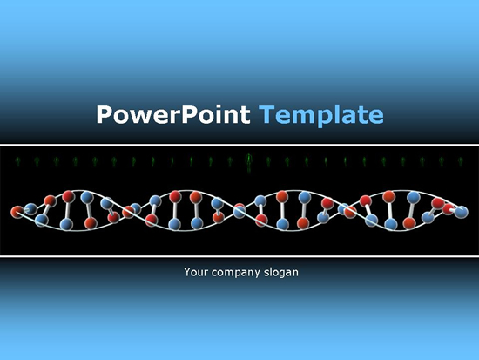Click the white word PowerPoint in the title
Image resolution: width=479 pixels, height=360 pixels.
tap(173, 114)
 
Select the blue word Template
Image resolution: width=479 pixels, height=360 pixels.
tap(321, 116)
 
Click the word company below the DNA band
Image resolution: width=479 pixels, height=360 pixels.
tap(235, 273)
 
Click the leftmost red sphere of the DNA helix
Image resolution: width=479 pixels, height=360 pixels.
tap(17, 212)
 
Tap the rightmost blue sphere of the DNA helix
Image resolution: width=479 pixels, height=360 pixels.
tap(462, 212)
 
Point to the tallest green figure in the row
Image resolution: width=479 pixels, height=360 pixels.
tap(249, 163)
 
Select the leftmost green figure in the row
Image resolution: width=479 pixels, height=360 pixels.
tap(17, 161)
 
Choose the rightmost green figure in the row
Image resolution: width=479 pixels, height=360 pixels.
tap(461, 161)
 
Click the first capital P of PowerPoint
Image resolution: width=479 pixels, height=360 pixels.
tap(105, 114)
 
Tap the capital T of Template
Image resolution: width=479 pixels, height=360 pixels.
tap(268, 114)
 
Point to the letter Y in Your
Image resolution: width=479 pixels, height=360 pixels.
tap(187, 272)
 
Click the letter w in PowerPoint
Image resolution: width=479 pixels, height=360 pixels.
tap(140, 117)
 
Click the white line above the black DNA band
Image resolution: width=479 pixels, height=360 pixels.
tap(239, 145)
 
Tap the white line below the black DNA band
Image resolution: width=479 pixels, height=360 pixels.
tap(239, 256)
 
